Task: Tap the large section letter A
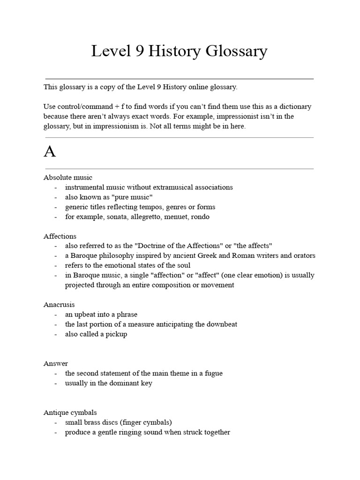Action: coord(50,152)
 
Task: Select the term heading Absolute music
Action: coord(68,177)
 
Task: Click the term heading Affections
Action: coord(60,236)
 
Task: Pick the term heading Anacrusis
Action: coord(59,305)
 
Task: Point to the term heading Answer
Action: coord(56,363)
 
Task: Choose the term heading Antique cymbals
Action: coord(70,412)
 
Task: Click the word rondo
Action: coord(200,217)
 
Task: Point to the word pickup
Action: coord(116,334)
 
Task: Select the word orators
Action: coord(304,255)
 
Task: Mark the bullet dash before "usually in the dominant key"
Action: coord(56,383)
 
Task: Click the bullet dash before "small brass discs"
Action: coord(56,422)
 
